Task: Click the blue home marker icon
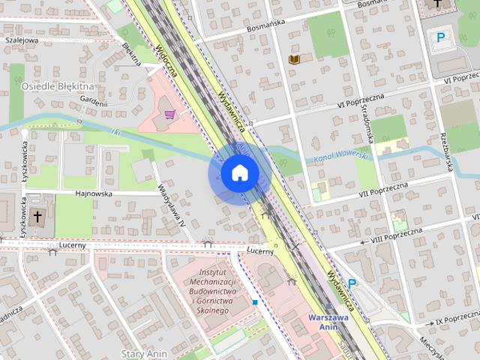pos(239,173)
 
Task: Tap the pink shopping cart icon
pos(171,115)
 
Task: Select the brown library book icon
pos(294,58)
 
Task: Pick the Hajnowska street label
pos(93,193)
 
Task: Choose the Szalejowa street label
pos(21,40)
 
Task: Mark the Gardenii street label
pos(93,103)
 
